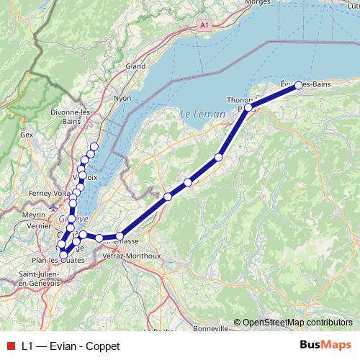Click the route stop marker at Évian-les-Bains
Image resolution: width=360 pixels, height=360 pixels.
point(299,85)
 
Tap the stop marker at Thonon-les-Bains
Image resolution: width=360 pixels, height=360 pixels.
point(248,107)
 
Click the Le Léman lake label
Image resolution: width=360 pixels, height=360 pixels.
point(197,114)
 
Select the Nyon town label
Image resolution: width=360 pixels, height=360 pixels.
point(122,97)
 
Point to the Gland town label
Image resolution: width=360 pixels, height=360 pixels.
point(135,66)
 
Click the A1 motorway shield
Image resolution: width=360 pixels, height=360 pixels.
point(205,24)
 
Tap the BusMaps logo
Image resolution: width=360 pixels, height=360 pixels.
point(326,345)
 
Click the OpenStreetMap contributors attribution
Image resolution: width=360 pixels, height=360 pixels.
point(297,322)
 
